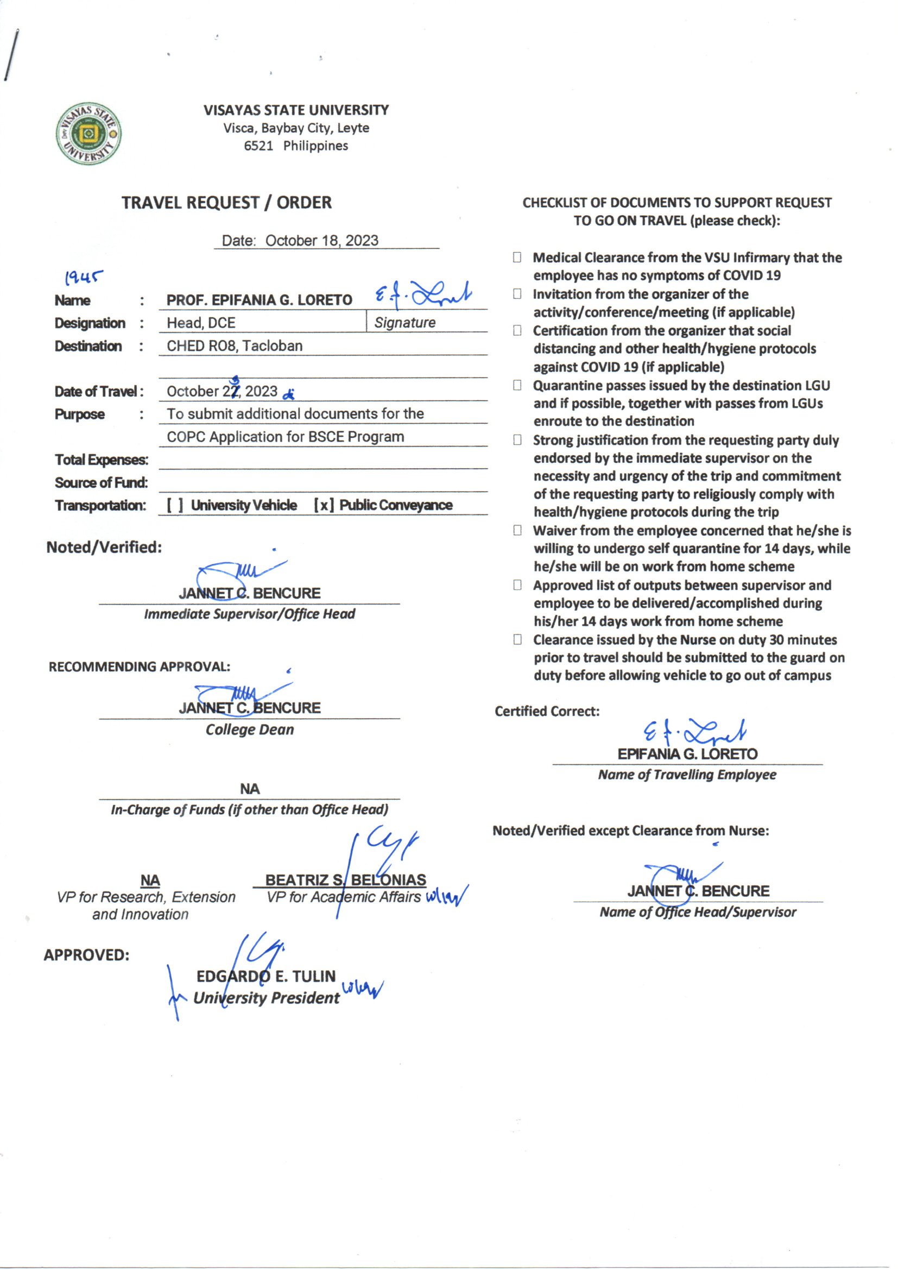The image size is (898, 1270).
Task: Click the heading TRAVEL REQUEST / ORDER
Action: pyautogui.click(x=227, y=203)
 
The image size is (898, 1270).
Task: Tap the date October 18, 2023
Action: pyautogui.click(x=321, y=241)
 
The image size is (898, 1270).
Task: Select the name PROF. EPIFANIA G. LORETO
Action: pyautogui.click(x=260, y=300)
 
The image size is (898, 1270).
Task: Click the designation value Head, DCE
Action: pyautogui.click(x=201, y=323)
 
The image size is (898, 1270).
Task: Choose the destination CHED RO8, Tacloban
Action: pyautogui.click(x=235, y=346)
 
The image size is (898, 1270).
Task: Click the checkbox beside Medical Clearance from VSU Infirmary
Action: pyautogui.click(x=517, y=257)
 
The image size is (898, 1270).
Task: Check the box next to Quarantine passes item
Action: pyautogui.click(x=517, y=385)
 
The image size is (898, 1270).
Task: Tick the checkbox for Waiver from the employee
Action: pyautogui.click(x=517, y=531)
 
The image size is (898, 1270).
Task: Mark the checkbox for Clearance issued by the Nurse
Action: pyautogui.click(x=517, y=640)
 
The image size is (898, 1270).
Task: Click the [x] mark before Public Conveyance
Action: pyautogui.click(x=324, y=505)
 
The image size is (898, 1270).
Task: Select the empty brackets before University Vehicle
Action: pyautogui.click(x=175, y=505)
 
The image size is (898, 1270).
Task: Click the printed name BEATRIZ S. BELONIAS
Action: pyautogui.click(x=346, y=880)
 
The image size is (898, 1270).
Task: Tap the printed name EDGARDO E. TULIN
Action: pyautogui.click(x=266, y=976)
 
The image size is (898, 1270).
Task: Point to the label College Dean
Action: pyautogui.click(x=249, y=730)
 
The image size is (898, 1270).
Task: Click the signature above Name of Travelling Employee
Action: pyautogui.click(x=694, y=733)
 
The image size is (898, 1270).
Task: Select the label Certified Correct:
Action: pyautogui.click(x=547, y=712)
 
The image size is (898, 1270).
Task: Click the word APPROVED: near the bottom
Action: pyautogui.click(x=86, y=955)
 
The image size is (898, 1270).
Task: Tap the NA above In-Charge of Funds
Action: pyautogui.click(x=250, y=789)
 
